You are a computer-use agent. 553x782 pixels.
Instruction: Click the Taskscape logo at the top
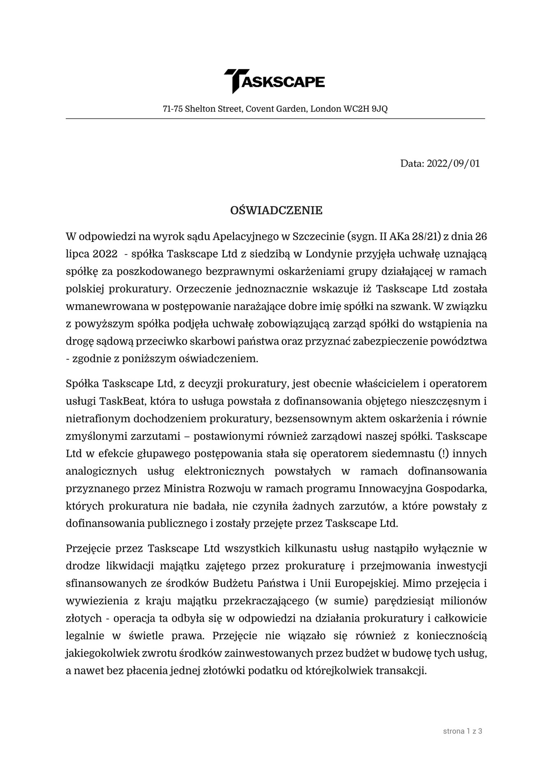click(274, 81)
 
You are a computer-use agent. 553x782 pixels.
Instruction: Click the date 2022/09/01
click(453, 164)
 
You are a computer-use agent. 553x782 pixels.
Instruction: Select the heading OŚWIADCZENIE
click(276, 211)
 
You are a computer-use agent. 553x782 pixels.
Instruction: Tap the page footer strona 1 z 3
click(463, 731)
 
